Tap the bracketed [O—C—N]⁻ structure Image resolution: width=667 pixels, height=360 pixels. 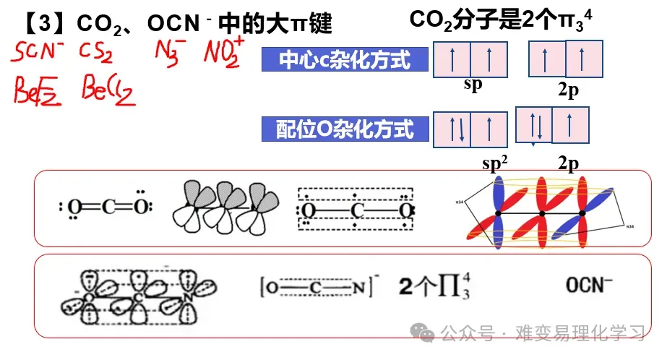[x=318, y=287]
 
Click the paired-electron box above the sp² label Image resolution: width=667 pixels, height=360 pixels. [x=452, y=130]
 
